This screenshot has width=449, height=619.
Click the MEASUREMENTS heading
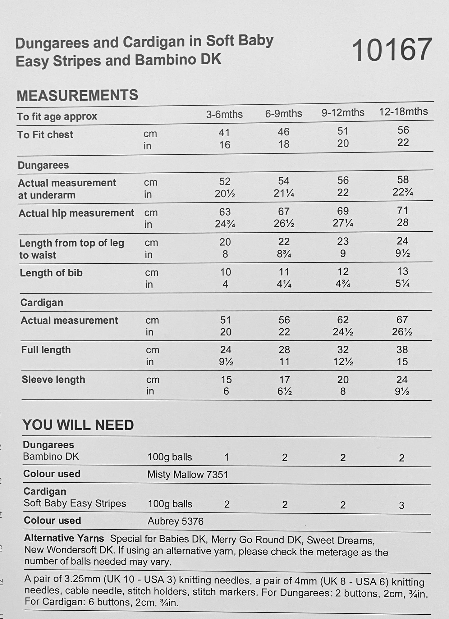point(77,95)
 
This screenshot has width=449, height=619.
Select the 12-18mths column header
point(403,112)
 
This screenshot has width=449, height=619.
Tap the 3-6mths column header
point(224,114)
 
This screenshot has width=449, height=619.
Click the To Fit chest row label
point(45,134)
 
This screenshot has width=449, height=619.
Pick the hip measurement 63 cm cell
point(225,212)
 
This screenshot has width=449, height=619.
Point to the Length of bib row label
point(51,273)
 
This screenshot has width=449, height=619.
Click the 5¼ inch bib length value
point(402,283)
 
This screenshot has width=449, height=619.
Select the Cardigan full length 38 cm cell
point(402,350)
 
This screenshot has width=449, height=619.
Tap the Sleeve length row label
point(53,380)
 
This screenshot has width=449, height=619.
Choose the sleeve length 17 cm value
point(284,380)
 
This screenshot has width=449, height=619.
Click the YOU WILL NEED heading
point(78,425)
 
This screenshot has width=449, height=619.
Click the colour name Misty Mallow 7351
point(188,474)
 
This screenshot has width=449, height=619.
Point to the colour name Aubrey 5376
point(176,521)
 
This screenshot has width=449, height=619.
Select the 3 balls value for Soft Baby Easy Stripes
point(401,505)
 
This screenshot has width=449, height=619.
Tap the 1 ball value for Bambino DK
point(227,457)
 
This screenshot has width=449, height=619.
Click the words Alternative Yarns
point(64,538)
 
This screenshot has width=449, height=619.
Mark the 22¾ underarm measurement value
point(403,192)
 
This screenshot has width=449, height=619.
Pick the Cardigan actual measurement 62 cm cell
point(343,320)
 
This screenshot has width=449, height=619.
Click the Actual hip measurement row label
point(76,213)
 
